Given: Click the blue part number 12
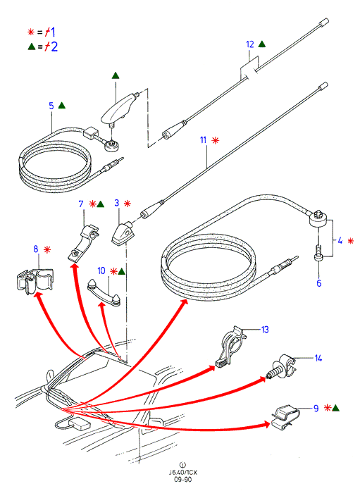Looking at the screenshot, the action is [x=250, y=44].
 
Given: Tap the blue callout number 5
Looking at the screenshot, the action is [x=51, y=106].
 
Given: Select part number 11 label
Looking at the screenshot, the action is [x=204, y=140].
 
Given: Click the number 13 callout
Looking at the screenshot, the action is [x=265, y=330].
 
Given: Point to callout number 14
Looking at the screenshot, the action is [x=318, y=359].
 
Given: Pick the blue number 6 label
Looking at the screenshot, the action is [x=318, y=283].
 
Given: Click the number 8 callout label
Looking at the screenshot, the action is [x=36, y=249].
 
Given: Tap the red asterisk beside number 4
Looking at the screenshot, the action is [x=350, y=241].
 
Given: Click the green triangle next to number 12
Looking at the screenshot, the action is [x=262, y=44].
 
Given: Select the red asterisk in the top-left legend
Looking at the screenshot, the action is [x=31, y=32].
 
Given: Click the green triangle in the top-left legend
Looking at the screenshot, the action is [x=32, y=47].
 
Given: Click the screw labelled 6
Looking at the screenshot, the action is [x=318, y=252].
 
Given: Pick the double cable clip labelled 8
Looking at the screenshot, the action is [x=35, y=280].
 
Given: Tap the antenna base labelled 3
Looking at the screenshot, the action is [x=122, y=233].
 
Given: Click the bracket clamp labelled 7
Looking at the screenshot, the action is [x=83, y=242].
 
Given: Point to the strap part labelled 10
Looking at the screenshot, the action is [x=104, y=292].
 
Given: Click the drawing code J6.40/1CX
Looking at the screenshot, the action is [x=183, y=472].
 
